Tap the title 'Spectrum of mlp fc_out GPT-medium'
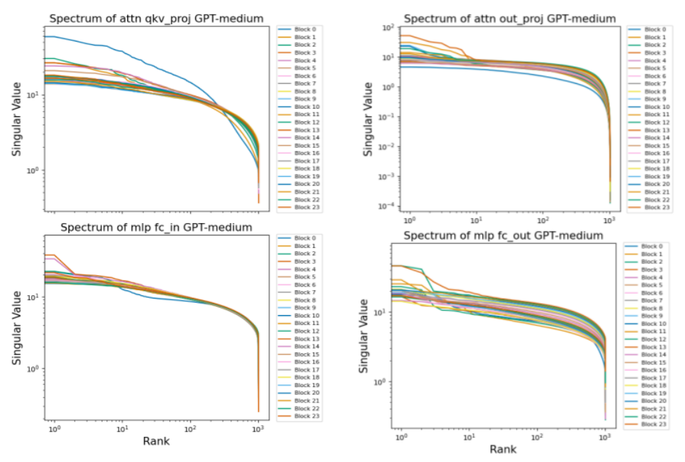point(503,236)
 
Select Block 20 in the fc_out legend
point(652,401)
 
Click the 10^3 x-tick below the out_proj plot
point(609,219)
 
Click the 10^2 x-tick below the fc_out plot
point(538,437)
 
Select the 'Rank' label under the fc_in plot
point(156,441)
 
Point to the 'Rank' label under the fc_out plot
point(503,450)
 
